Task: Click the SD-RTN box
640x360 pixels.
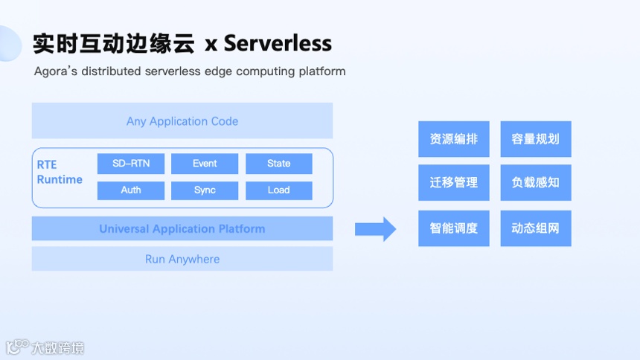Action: tap(131, 164)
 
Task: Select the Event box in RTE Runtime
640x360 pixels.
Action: tap(205, 164)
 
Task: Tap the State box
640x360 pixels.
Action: tap(279, 164)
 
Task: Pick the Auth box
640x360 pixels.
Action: tap(131, 190)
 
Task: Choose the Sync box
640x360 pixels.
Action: tap(205, 190)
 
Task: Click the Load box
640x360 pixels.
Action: tap(279, 190)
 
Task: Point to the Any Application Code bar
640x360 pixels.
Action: tap(182, 121)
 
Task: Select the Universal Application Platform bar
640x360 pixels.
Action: tap(182, 229)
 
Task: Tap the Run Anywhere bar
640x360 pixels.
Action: tap(182, 260)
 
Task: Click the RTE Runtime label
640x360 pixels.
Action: tap(60, 172)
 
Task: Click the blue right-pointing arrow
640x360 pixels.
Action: tap(375, 229)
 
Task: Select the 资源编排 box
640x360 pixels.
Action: tap(454, 139)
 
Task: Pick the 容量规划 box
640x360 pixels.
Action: tap(536, 139)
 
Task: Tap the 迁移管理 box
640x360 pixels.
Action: tap(454, 182)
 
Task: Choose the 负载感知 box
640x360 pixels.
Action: tap(536, 182)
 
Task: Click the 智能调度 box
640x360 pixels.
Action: tap(454, 228)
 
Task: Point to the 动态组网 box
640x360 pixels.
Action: tap(536, 228)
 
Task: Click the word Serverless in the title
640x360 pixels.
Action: tap(278, 43)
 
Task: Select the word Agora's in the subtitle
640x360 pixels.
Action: tap(57, 72)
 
